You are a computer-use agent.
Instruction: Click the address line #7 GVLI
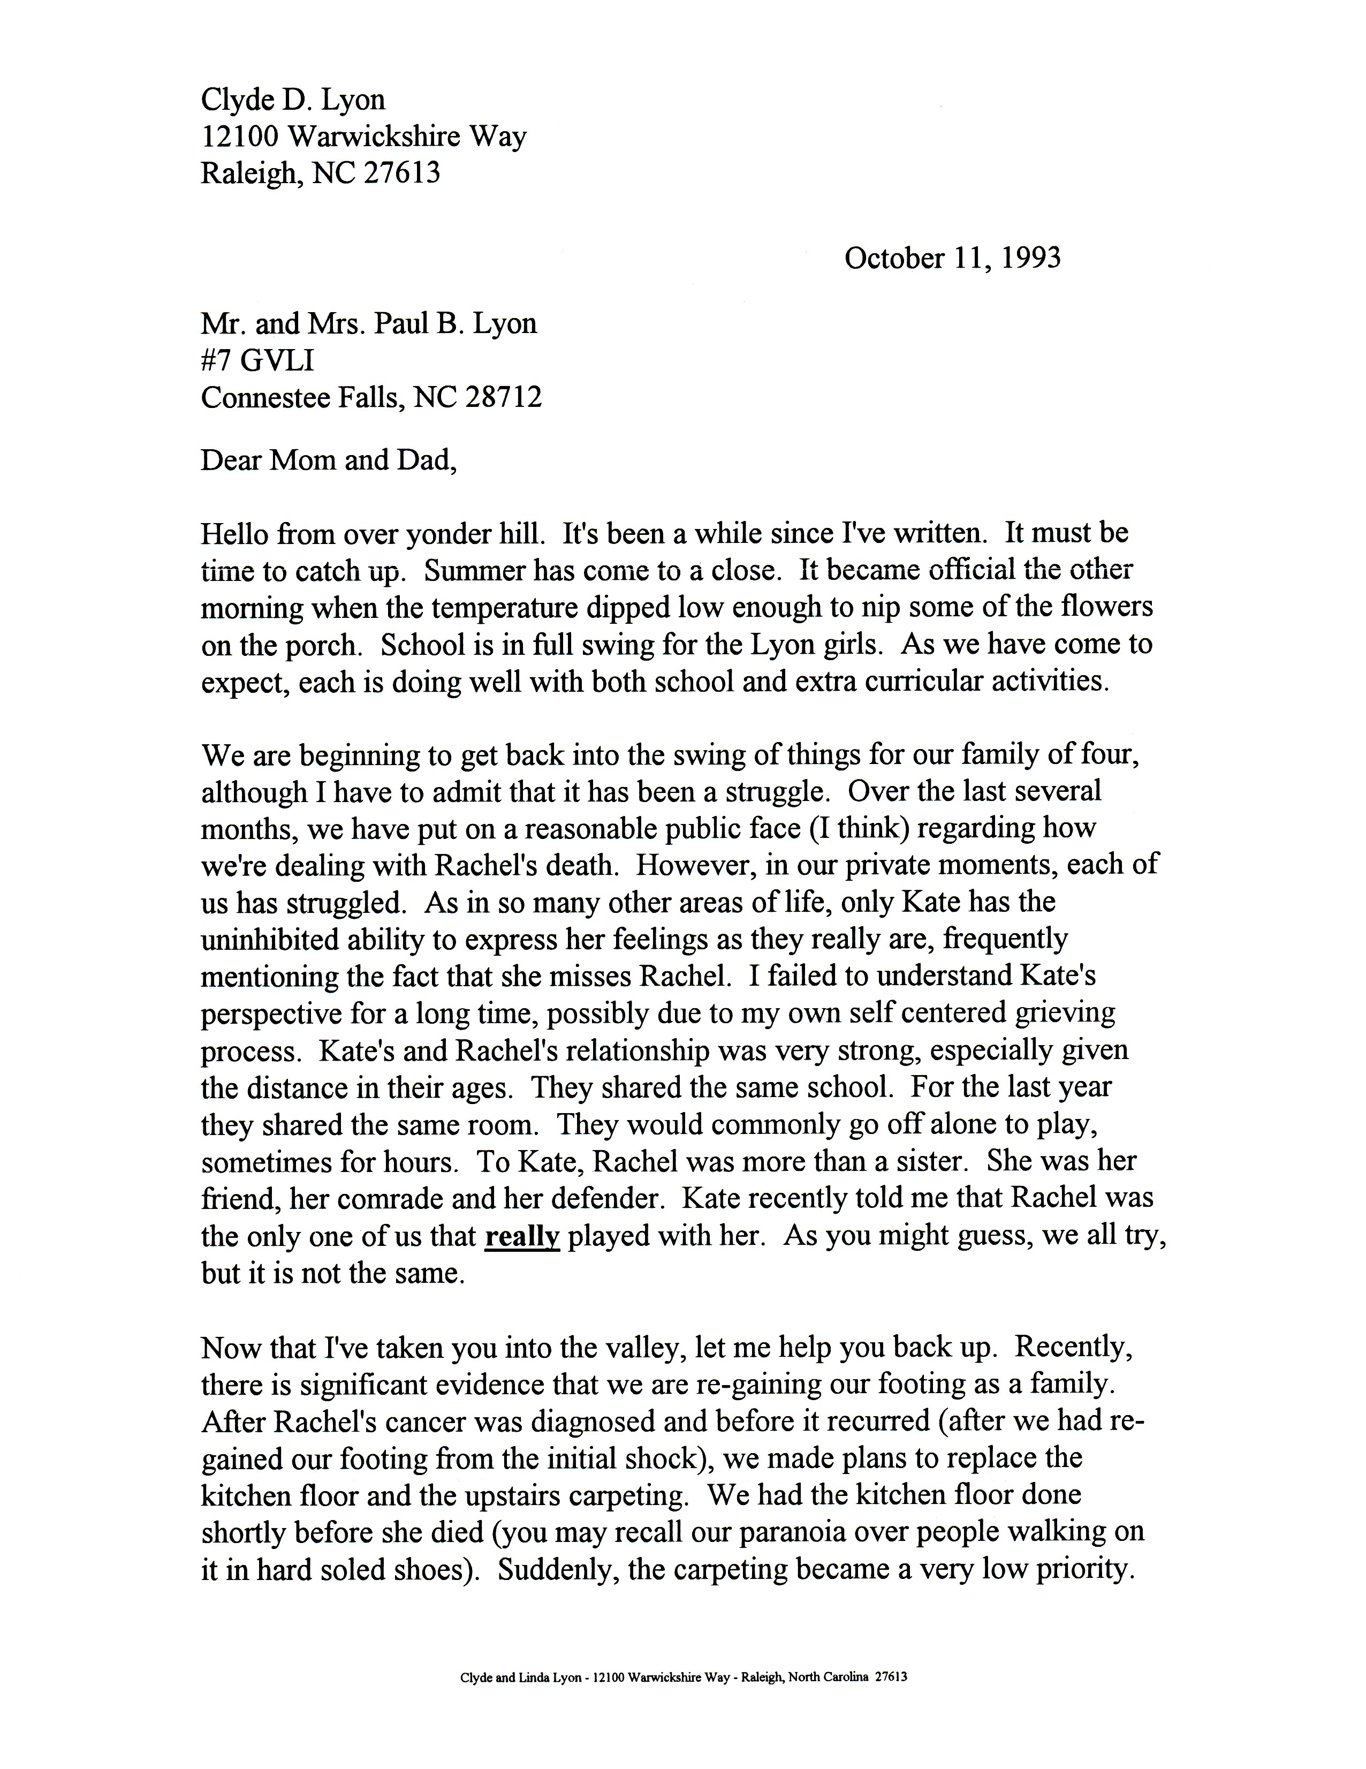(257, 360)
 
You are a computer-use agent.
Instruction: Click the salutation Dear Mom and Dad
(328, 460)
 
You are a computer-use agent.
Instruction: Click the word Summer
(474, 571)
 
